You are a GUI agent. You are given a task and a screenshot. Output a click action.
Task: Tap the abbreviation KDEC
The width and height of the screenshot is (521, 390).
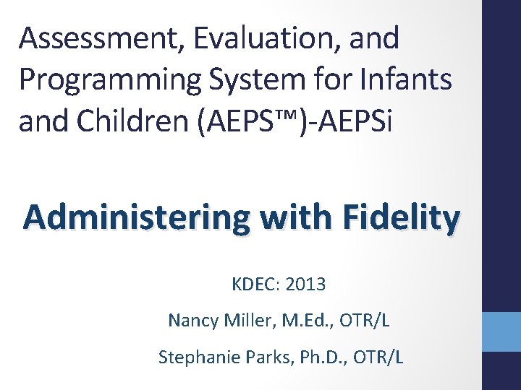point(255,285)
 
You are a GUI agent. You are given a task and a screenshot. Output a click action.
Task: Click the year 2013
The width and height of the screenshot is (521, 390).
point(305,285)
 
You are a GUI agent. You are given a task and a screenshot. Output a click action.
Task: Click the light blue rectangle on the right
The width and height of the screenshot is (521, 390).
point(501,331)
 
